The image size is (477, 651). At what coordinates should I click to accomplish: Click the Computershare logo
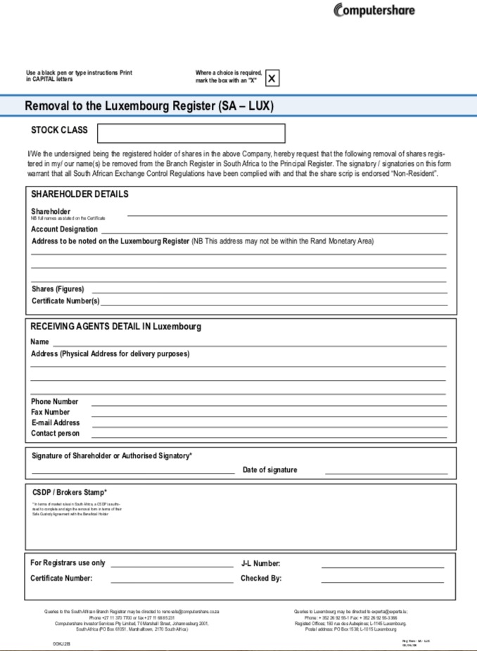(374, 10)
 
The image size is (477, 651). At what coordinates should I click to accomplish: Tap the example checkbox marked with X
(272, 77)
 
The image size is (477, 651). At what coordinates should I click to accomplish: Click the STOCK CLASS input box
(191, 133)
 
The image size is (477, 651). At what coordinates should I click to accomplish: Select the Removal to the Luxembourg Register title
(149, 106)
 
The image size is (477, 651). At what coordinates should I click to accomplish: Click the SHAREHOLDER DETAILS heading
(79, 194)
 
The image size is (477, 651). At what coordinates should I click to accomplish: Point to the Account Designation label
(65, 229)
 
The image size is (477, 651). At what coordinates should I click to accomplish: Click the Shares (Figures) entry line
(269, 290)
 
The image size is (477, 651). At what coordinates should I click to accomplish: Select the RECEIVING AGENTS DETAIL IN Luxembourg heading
(115, 327)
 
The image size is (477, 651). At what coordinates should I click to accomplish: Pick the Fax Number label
(51, 412)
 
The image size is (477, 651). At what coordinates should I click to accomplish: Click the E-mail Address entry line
(269, 425)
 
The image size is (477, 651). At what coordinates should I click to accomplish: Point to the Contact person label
(56, 434)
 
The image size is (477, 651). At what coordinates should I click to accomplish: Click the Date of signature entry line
(386, 472)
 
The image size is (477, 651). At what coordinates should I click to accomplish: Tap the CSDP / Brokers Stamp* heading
(70, 492)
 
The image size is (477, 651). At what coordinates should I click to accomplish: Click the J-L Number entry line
(383, 566)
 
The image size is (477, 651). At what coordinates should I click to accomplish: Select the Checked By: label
(261, 579)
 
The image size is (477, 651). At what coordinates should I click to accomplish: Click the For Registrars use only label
(68, 563)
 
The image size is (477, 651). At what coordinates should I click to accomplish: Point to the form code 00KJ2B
(61, 643)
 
